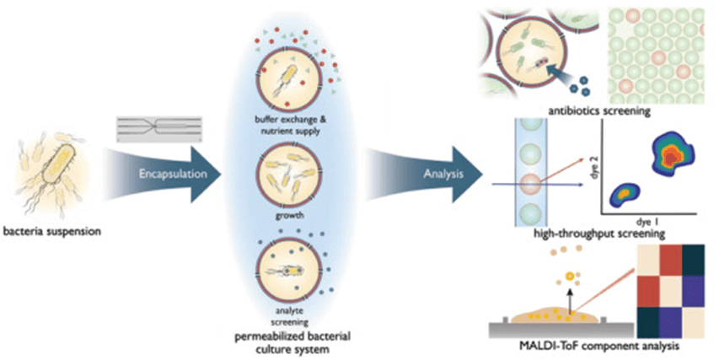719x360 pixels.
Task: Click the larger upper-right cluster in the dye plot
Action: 672,157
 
